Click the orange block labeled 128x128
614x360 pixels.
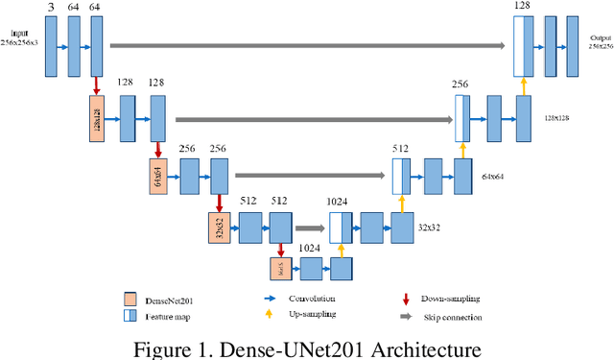(x=95, y=119)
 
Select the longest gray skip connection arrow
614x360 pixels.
(x=307, y=44)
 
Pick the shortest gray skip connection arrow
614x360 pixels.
(x=310, y=228)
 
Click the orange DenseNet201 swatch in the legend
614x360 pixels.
(x=129, y=299)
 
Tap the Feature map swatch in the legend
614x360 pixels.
(x=129, y=314)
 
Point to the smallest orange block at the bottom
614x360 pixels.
(x=281, y=267)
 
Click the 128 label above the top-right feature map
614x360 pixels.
(x=522, y=7)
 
